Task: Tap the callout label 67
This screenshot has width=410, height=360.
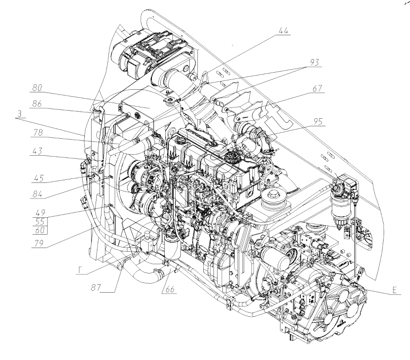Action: [x=317, y=88]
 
